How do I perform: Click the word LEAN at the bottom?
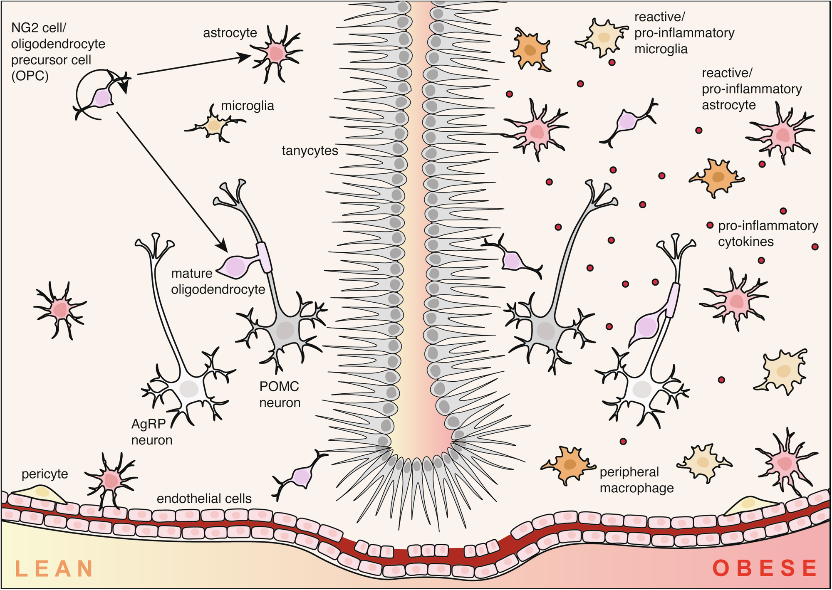click(54, 568)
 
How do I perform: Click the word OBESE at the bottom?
click(765, 568)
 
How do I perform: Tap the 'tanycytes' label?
click(310, 151)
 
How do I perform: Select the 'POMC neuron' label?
click(280, 395)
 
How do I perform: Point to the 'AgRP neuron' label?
click(151, 432)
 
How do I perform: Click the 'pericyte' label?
click(45, 474)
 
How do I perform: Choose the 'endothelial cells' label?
click(204, 499)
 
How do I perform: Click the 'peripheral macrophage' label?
click(636, 480)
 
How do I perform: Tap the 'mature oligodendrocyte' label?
click(218, 281)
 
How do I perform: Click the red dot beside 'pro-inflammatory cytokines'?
click(710, 225)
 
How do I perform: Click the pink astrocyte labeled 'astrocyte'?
click(276, 53)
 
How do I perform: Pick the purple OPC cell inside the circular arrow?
click(102, 98)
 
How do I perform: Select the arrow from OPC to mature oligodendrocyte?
click(171, 181)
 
